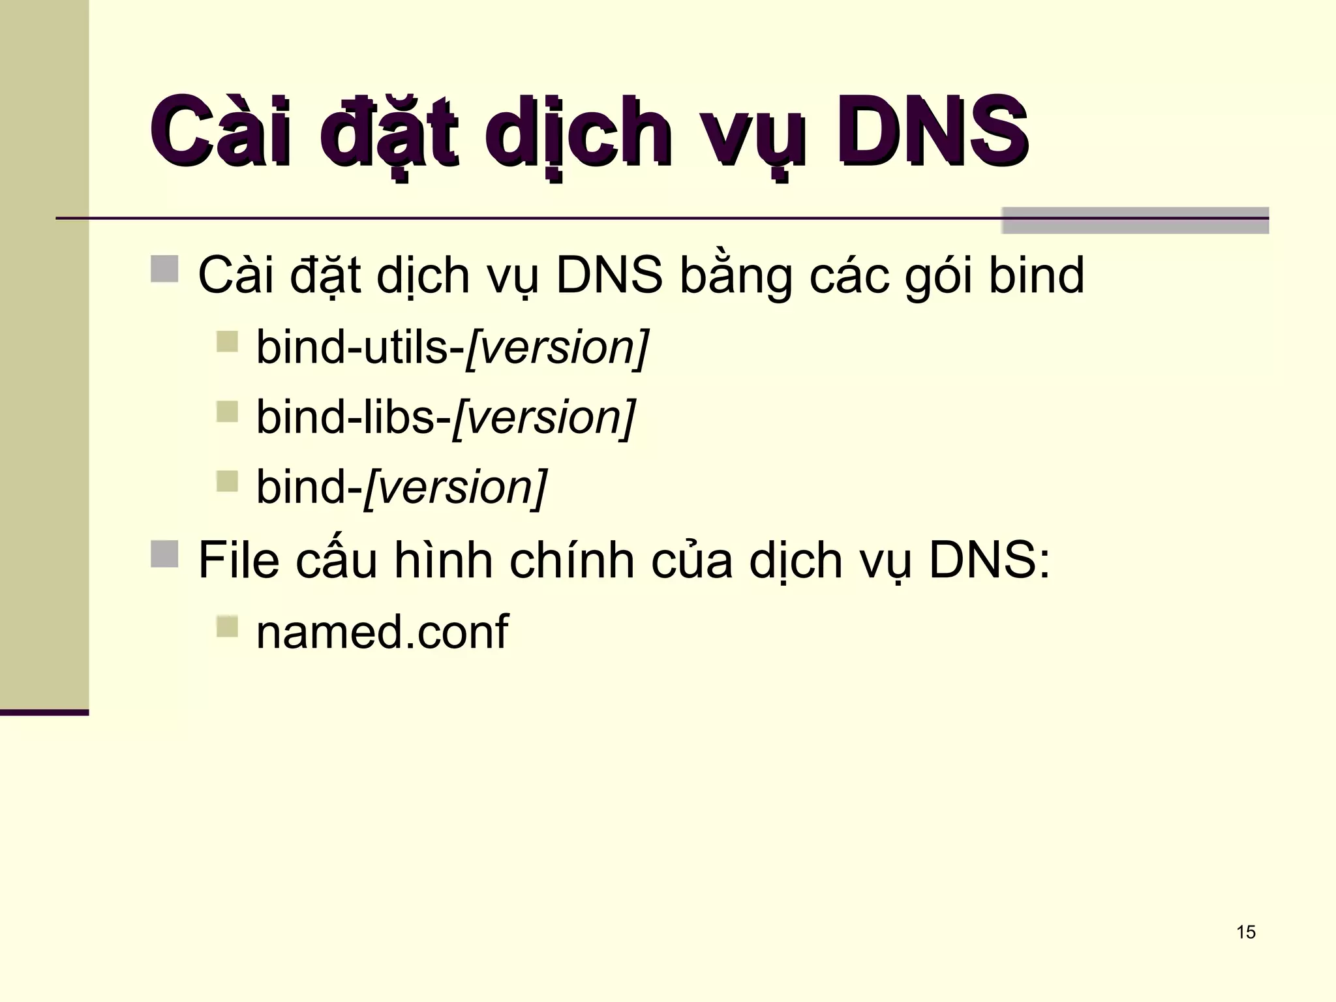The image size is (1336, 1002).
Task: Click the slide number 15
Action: pos(1245,932)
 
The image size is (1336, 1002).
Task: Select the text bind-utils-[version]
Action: pos(452,347)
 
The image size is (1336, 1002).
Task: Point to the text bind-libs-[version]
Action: pos(446,417)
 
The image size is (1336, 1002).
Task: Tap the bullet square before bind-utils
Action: pos(227,341)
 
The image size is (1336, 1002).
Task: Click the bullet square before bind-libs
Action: pos(227,411)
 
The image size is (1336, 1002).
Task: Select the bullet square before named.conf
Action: pos(227,626)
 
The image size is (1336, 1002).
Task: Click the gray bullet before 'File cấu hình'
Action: pos(164,554)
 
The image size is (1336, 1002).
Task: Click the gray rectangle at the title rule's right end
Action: pos(1135,220)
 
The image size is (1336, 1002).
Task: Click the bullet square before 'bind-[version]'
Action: pos(227,481)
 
